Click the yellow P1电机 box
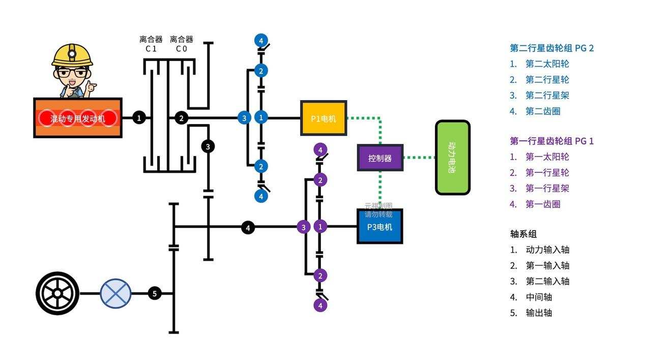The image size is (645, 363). pos(324,118)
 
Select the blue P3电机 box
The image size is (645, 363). pos(379,226)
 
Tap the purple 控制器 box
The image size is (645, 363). pos(380,158)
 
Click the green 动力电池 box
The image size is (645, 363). pos(452,157)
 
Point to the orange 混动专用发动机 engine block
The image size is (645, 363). pos(78,118)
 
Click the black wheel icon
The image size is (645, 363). pos(57,293)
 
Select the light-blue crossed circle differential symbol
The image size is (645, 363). pos(115,293)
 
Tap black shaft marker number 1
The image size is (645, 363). pos(139,118)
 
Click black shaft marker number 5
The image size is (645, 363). pos(155,293)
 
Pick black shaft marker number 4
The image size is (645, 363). pos(248,228)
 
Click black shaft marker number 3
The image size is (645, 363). pos(208,146)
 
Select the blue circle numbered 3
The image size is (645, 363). pos(244,118)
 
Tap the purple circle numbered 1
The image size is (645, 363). pos(320,227)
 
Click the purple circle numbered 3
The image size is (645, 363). pos(303,227)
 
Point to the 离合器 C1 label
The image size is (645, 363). pos(151,44)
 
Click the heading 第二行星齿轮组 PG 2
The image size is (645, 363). pos(551,48)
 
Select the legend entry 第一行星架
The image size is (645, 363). pos(547,188)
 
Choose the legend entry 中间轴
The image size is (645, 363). pos(539,297)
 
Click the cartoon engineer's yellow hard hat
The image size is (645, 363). pos(72,55)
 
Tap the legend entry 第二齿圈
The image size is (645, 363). pos(543,111)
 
